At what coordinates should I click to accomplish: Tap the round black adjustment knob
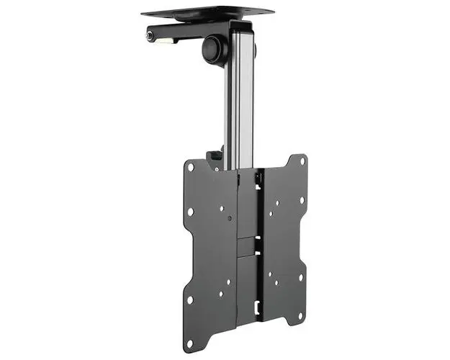coord(213,48)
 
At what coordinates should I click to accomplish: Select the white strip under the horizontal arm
coord(166,41)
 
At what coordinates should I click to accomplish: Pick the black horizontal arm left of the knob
coord(180,33)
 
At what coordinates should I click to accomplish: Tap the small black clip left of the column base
coord(214,156)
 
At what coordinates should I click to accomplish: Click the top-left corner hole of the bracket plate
coord(191,167)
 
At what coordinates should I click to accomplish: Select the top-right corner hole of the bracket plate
coord(303,160)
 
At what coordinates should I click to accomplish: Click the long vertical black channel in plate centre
coord(246,245)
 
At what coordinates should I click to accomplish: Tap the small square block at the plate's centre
coord(246,245)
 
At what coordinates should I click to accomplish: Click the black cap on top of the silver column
coord(240,26)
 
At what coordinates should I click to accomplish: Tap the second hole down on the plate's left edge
coord(190,212)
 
